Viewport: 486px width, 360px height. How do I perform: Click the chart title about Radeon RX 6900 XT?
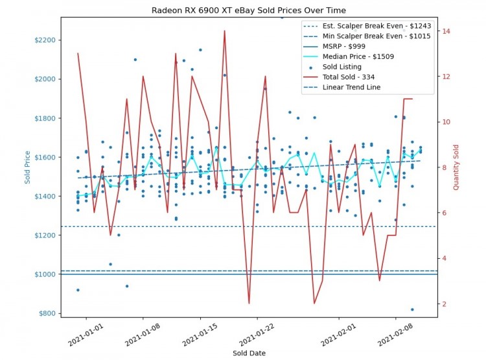pyautogui.click(x=249, y=11)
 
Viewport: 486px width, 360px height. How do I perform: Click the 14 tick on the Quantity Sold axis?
pyautogui.click(x=446, y=31)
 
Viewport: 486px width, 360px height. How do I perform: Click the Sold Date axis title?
pyautogui.click(x=249, y=353)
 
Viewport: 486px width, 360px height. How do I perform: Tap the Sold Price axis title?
pyautogui.click(x=28, y=167)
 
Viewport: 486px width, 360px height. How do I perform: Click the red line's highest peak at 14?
pyautogui.click(x=224, y=30)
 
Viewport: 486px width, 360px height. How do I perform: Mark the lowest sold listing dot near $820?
pyautogui.click(x=412, y=309)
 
